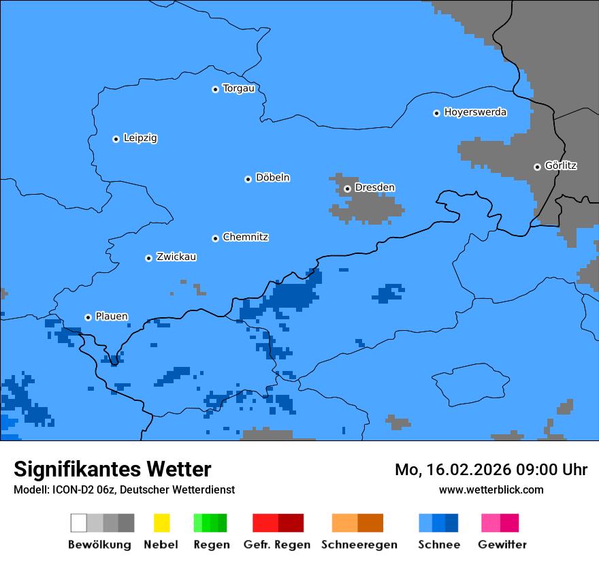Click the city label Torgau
coord(238,88)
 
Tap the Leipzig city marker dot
coord(116,139)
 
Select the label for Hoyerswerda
coord(475,112)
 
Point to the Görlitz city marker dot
coord(537,167)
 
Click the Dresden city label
coord(374,188)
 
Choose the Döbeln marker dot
coord(248,179)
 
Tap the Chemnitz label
coord(245,238)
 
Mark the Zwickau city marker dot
coord(148,258)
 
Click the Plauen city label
coord(111,317)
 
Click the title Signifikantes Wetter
coord(112,469)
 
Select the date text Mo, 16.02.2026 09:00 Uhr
coord(491,470)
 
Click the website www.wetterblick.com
coord(491,489)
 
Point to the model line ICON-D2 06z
coord(124,489)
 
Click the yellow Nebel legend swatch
coord(161,523)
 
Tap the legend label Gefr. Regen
coord(277,545)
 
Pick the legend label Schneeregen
coord(359,545)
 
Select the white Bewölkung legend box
coord(79,523)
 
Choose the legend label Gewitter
coord(502,545)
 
